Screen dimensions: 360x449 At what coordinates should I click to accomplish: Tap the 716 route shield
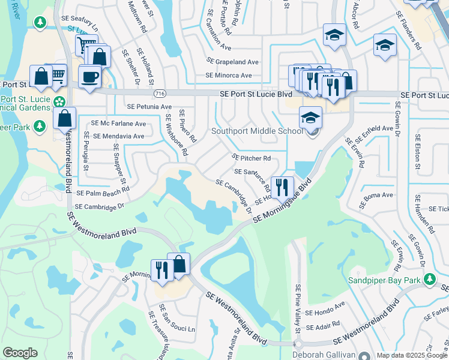[160, 94]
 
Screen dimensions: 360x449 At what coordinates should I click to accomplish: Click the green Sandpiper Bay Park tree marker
[429, 279]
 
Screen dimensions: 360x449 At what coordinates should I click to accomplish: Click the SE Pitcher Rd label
[252, 158]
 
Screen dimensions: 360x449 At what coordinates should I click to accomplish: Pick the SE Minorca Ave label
[229, 75]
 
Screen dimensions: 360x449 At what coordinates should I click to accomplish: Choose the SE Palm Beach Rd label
[103, 193]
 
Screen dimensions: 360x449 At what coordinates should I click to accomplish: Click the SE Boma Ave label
[376, 195]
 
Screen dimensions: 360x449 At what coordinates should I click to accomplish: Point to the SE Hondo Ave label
[325, 313]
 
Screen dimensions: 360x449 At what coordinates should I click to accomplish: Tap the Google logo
[20, 353]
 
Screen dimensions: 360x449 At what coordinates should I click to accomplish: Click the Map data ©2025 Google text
[412, 355]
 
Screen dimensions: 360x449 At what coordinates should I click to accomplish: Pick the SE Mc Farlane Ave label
[119, 124]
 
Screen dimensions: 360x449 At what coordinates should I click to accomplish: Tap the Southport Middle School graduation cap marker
[310, 118]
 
